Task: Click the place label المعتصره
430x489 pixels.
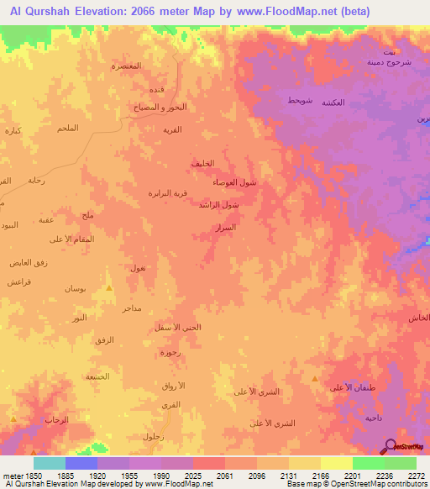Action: click(x=127, y=66)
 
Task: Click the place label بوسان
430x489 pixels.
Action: click(x=75, y=288)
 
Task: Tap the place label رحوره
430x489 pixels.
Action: click(x=171, y=353)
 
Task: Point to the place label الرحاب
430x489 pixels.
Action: click(x=55, y=418)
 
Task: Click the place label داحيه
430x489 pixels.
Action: click(x=374, y=418)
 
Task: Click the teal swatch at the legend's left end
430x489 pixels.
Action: click(x=49, y=463)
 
